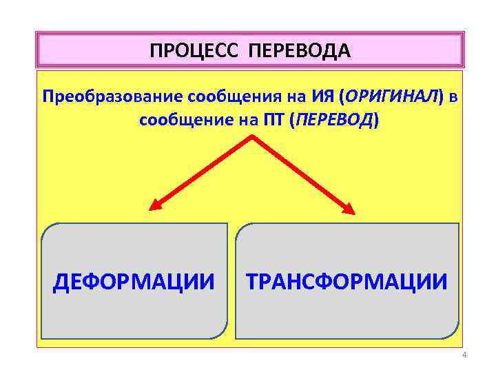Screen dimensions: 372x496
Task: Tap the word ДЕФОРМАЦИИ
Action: tap(134, 282)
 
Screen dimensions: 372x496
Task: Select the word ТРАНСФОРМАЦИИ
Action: tap(347, 282)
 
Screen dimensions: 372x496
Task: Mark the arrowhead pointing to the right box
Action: tap(350, 209)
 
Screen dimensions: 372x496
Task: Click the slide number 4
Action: tap(464, 355)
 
